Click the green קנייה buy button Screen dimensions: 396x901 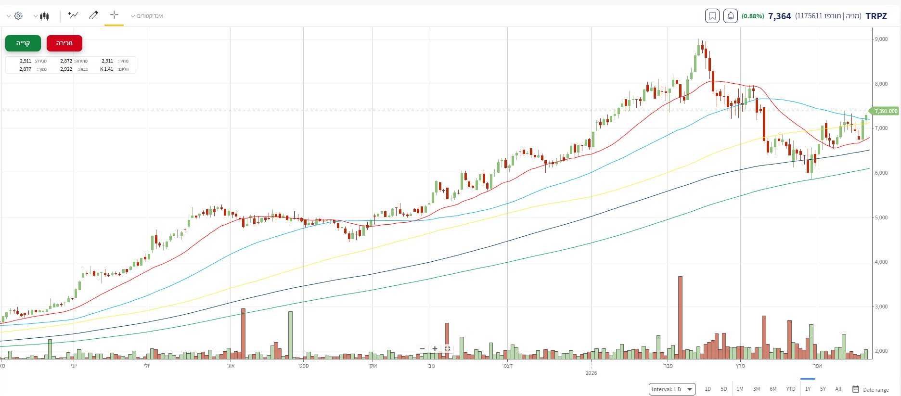[x=23, y=43]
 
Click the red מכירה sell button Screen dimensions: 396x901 [x=64, y=43]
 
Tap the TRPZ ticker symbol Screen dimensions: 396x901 [x=876, y=16]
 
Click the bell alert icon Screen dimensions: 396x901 [x=730, y=16]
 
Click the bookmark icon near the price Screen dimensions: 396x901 [x=712, y=16]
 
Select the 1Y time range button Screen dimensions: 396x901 [x=808, y=389]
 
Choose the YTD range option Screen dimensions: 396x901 [x=791, y=389]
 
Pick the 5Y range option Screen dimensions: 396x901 [x=823, y=389]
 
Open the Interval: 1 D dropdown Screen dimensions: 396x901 [x=672, y=389]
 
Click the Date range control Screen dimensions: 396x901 [x=871, y=389]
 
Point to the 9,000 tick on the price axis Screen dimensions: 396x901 [x=881, y=39]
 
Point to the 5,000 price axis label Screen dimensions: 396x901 [x=881, y=217]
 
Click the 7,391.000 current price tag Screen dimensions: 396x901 [x=886, y=111]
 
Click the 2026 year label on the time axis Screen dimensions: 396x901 [x=591, y=373]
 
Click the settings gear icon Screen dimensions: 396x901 [x=18, y=16]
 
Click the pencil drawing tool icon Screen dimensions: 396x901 [x=94, y=15]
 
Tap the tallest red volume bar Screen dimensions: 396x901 [x=680, y=318]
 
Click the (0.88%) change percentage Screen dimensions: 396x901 [x=753, y=16]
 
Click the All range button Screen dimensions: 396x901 [x=838, y=389]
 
